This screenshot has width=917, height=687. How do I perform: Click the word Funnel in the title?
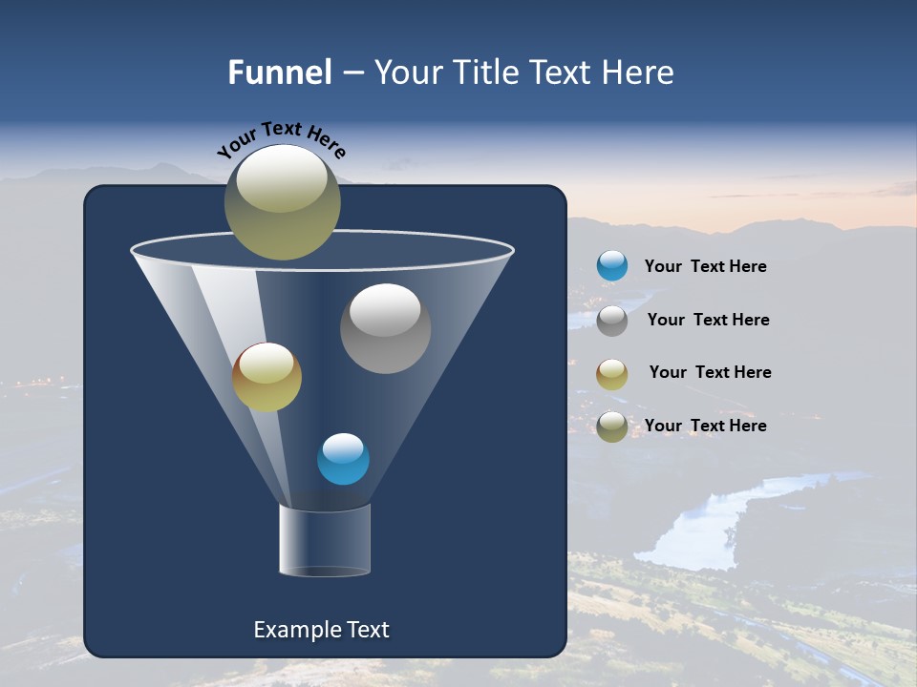click(x=280, y=73)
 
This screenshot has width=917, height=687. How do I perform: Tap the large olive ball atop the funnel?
click(x=282, y=201)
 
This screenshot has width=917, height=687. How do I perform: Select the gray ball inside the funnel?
click(x=385, y=328)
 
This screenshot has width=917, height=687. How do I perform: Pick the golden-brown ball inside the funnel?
click(x=267, y=377)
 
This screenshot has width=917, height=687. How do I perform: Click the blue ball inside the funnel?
click(x=343, y=459)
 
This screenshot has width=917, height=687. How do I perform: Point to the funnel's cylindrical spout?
click(x=325, y=541)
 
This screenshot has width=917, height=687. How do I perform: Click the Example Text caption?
click(x=321, y=630)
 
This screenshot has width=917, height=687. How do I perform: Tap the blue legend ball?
click(x=612, y=266)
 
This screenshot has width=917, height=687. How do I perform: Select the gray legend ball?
click(x=612, y=320)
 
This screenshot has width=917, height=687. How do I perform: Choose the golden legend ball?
click(x=612, y=373)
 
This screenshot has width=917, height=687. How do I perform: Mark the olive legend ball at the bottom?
click(x=612, y=426)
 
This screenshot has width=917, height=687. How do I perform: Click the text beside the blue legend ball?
click(x=705, y=266)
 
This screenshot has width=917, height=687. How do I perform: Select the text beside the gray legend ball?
click(x=708, y=320)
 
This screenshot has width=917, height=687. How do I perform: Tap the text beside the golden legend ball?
click(x=710, y=372)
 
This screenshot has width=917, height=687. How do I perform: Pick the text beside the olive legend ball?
click(x=705, y=426)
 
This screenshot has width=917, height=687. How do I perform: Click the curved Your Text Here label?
click(x=281, y=138)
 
